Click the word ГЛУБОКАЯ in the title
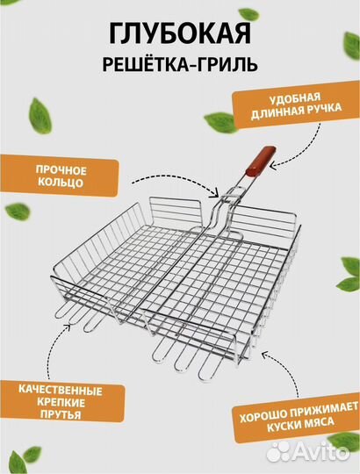[x=180, y=34]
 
